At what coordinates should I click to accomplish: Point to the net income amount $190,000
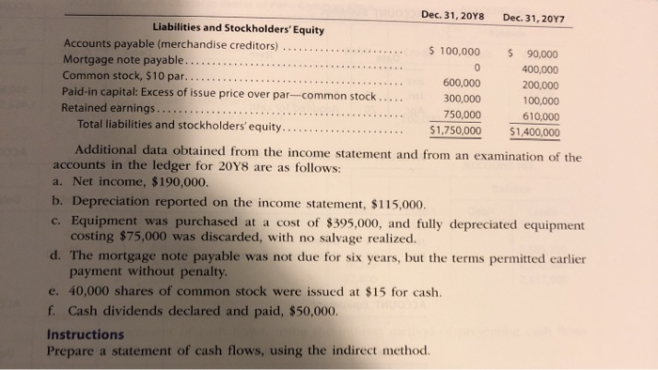(169, 184)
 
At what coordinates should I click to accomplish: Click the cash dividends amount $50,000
(307, 310)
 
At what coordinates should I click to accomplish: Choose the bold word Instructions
(85, 333)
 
